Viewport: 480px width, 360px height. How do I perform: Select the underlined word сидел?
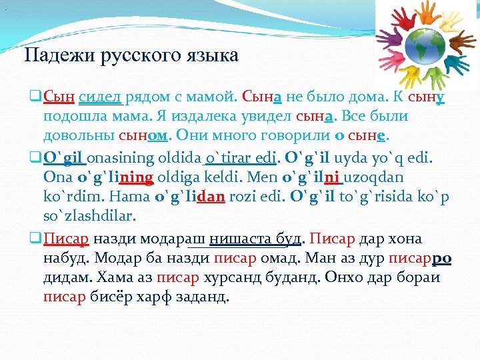pyautogui.click(x=100, y=96)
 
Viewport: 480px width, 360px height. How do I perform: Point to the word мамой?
pyautogui.click(x=209, y=96)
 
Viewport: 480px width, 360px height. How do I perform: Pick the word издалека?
pyautogui.click(x=201, y=116)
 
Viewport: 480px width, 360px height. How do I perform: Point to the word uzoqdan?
pyautogui.click(x=374, y=178)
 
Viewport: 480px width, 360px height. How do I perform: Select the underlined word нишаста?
pyautogui.click(x=236, y=239)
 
